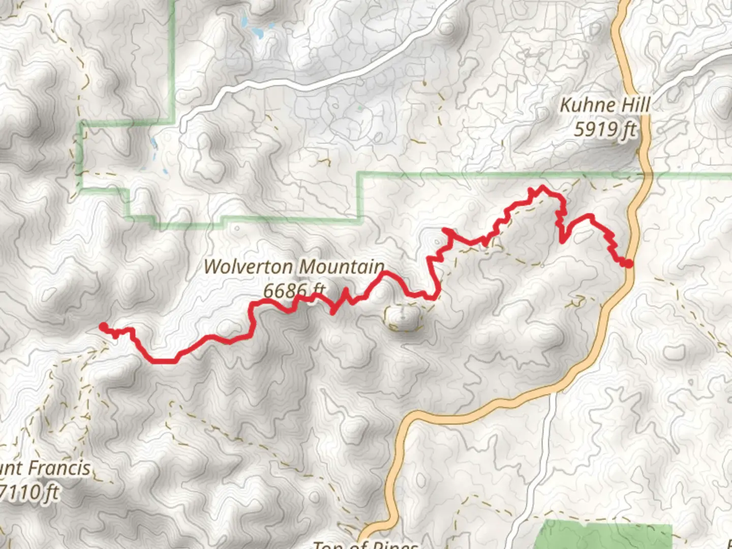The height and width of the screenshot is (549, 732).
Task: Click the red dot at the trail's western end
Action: (x=103, y=326)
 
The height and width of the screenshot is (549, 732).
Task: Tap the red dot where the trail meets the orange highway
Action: (x=628, y=263)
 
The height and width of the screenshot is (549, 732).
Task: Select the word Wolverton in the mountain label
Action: (x=248, y=267)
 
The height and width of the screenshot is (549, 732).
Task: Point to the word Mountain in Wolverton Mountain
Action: (x=341, y=267)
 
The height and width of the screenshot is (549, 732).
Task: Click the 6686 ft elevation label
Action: (x=294, y=290)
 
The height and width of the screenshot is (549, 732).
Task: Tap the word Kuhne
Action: (x=582, y=106)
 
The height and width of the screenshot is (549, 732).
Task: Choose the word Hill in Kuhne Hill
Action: (x=633, y=106)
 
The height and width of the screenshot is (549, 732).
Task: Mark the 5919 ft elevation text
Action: (x=605, y=129)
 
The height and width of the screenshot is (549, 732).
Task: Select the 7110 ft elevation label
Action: (x=29, y=493)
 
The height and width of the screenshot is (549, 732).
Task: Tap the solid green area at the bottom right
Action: (x=605, y=536)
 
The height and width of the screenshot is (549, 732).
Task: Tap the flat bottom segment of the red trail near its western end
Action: (x=163, y=361)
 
